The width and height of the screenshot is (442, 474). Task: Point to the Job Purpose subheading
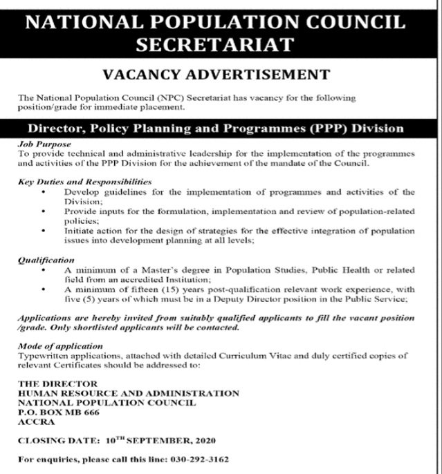click(x=42, y=144)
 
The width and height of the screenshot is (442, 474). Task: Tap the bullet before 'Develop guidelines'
click(x=44, y=192)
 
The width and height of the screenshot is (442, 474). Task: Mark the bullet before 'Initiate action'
click(x=44, y=230)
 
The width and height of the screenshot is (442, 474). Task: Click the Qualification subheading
click(x=46, y=260)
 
